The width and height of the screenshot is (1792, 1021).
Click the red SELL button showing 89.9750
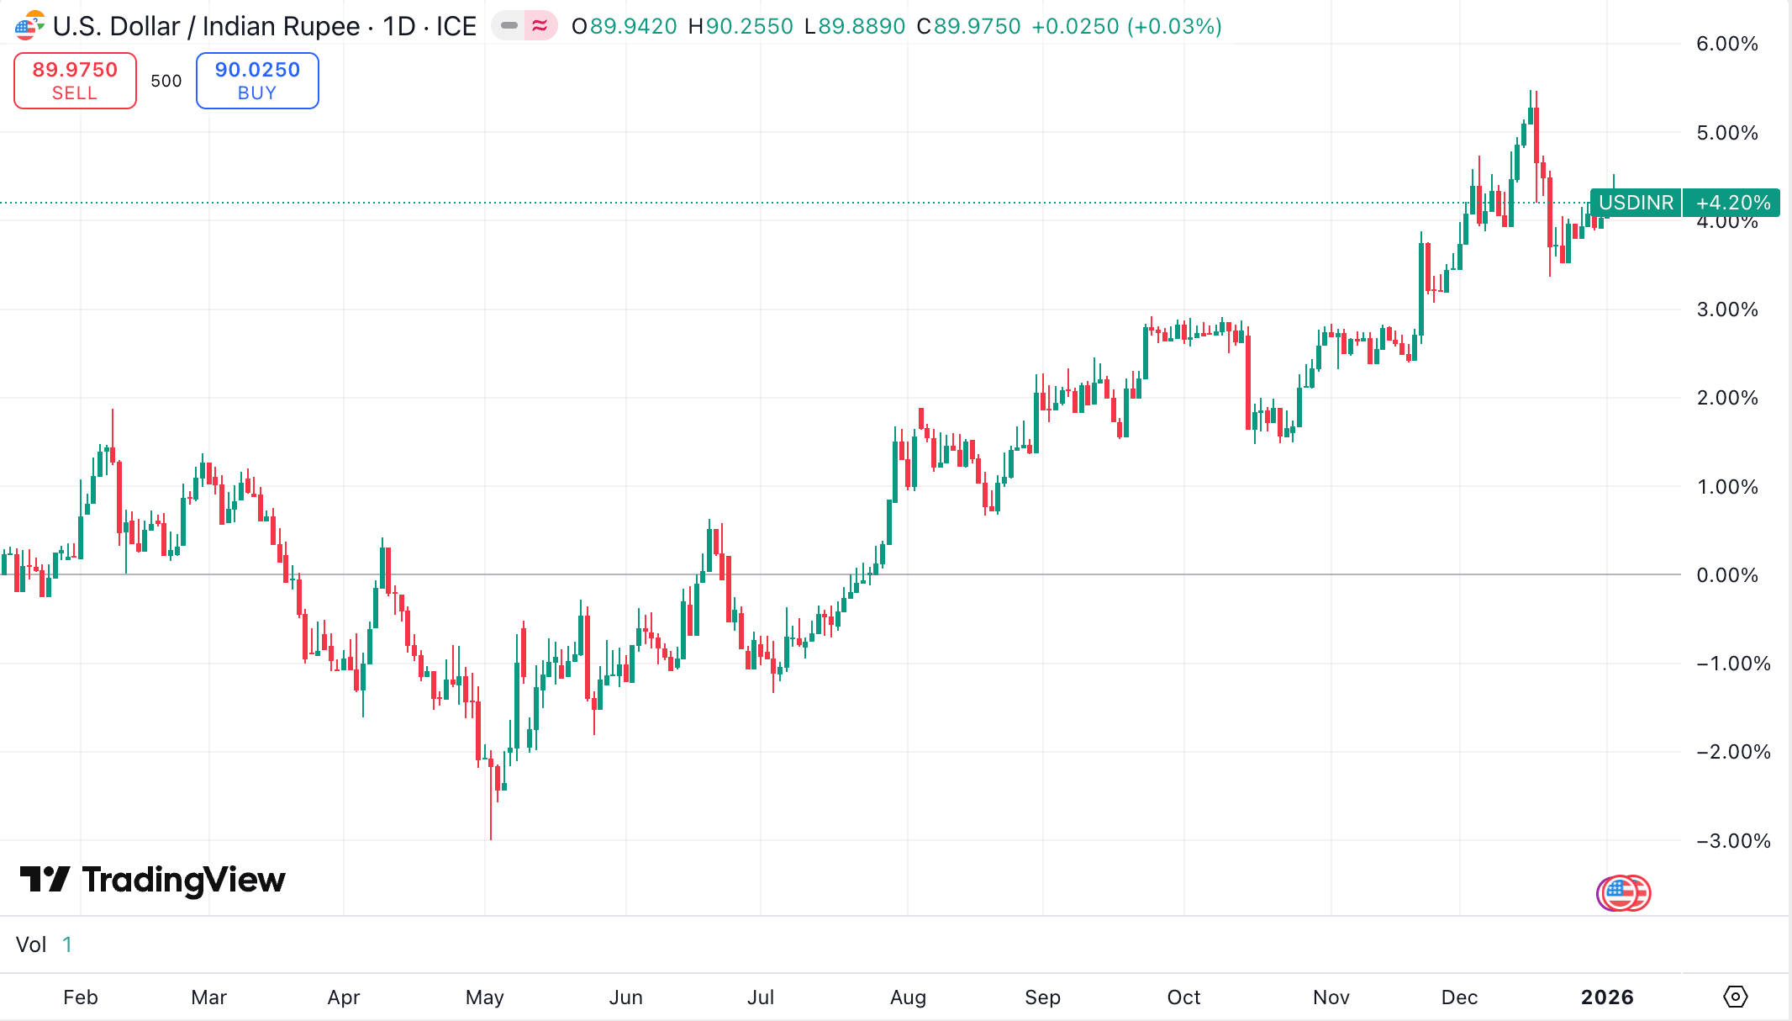point(75,81)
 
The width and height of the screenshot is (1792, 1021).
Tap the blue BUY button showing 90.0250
point(257,81)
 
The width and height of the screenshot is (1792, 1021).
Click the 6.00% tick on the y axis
point(1726,44)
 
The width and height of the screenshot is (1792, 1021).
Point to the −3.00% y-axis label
point(1732,841)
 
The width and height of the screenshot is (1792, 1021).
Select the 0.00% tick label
point(1726,575)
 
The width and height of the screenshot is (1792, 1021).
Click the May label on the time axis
point(485,997)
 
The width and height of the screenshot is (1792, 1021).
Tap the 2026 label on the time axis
point(1607,997)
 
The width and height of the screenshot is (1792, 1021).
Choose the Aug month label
point(908,997)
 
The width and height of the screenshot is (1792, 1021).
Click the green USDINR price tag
point(1636,203)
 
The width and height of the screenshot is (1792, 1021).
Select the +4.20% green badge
point(1732,203)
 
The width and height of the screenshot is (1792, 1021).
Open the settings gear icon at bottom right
point(1735,997)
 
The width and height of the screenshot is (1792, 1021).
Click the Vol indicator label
point(31,944)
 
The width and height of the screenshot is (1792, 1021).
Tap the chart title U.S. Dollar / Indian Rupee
point(207,27)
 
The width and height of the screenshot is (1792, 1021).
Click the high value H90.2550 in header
point(741,27)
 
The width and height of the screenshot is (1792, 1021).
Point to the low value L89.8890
point(855,27)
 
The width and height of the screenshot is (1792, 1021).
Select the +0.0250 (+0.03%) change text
point(1126,27)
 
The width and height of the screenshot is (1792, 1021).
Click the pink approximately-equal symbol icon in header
point(540,26)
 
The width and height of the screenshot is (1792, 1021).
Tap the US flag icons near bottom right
point(1623,893)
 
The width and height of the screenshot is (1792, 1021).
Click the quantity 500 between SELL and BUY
point(166,81)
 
